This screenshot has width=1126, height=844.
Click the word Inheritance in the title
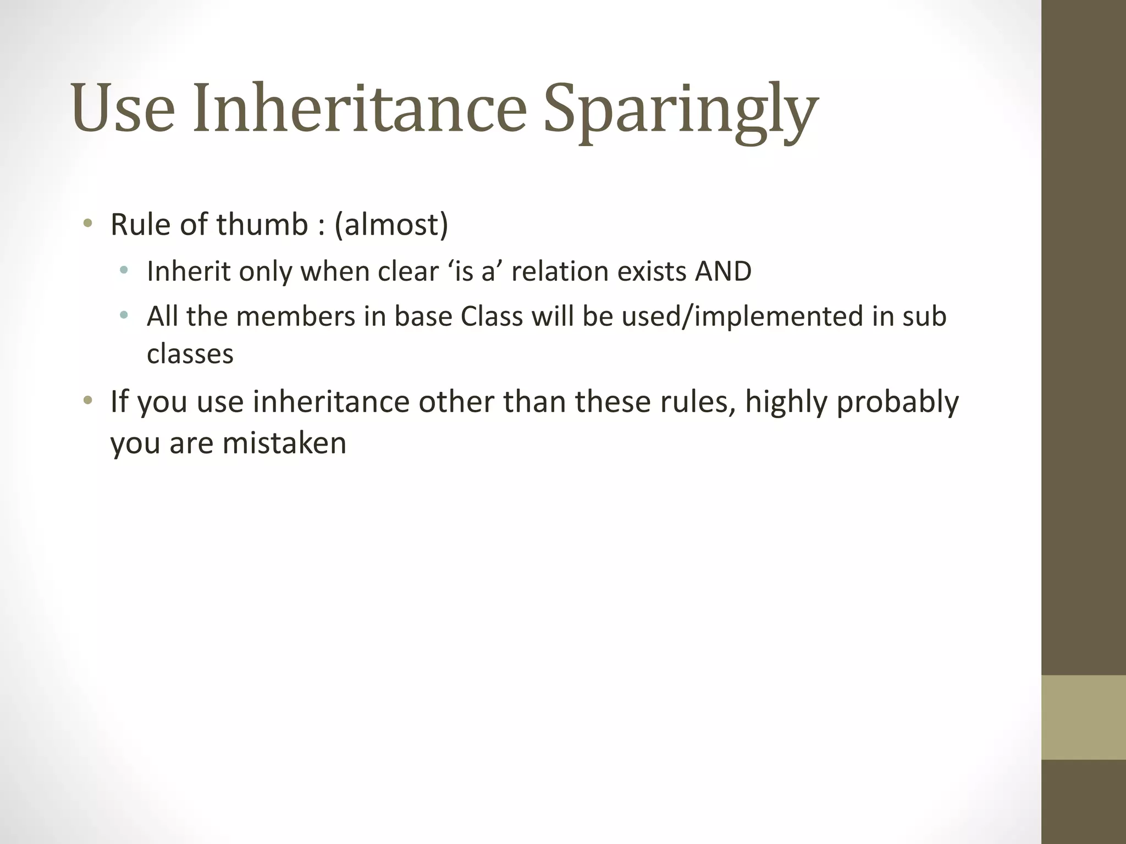click(x=360, y=108)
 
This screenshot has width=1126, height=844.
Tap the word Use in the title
click(x=123, y=108)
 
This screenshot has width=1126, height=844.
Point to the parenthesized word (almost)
click(x=391, y=225)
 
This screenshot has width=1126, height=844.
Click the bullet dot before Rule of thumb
click(x=87, y=223)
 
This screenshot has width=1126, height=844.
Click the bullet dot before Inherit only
click(x=124, y=270)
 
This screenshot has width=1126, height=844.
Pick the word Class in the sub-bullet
click(x=492, y=316)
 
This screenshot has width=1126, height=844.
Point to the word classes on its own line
click(x=190, y=354)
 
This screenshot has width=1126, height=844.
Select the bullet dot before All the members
click(x=124, y=315)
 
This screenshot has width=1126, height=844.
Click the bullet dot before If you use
click(x=87, y=400)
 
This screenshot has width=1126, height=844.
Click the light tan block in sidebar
click(x=1083, y=717)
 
